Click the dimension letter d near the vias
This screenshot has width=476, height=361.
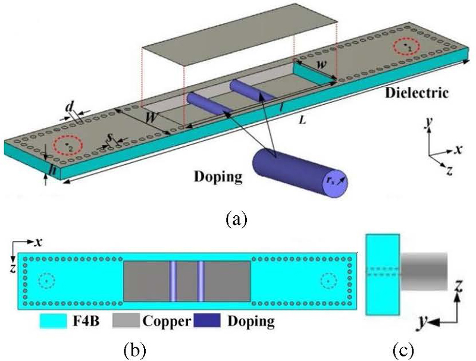[70, 107]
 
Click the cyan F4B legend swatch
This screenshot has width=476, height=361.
[51, 322]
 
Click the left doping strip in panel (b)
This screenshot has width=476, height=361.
[173, 281]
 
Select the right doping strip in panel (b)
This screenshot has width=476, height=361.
[201, 281]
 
